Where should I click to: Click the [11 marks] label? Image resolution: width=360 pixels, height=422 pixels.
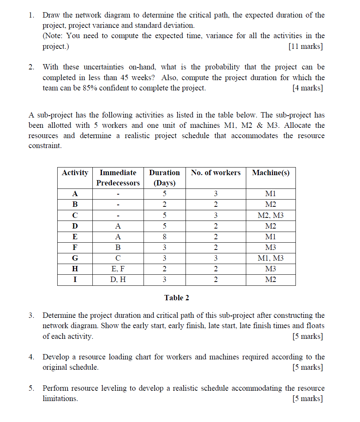coord(305,47)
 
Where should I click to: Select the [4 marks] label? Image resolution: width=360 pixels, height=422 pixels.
coord(307,88)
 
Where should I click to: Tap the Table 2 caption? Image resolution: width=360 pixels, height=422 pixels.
coord(176,298)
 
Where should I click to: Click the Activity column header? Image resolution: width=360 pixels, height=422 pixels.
coord(75,173)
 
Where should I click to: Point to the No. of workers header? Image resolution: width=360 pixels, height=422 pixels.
coord(216,173)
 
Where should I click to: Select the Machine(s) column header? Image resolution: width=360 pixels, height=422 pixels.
coord(271,173)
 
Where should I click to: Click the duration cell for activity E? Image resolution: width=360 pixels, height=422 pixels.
coord(164,237)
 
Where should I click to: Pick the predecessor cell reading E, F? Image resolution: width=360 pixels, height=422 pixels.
coord(118,269)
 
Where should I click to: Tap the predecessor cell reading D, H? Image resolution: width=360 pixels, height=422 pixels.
coord(118,280)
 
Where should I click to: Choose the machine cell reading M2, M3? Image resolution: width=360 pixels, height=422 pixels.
coord(271,216)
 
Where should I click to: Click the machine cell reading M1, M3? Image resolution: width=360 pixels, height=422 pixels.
coord(271,258)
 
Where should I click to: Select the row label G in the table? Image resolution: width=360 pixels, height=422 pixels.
coord(75,258)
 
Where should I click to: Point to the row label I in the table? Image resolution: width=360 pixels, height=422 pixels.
coord(75,280)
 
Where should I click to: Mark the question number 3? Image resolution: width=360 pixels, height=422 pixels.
coord(31,316)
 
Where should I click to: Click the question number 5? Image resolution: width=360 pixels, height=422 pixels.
coord(31,388)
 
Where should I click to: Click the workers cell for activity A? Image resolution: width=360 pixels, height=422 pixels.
coord(216,194)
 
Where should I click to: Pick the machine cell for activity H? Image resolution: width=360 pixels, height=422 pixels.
coord(271,269)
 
